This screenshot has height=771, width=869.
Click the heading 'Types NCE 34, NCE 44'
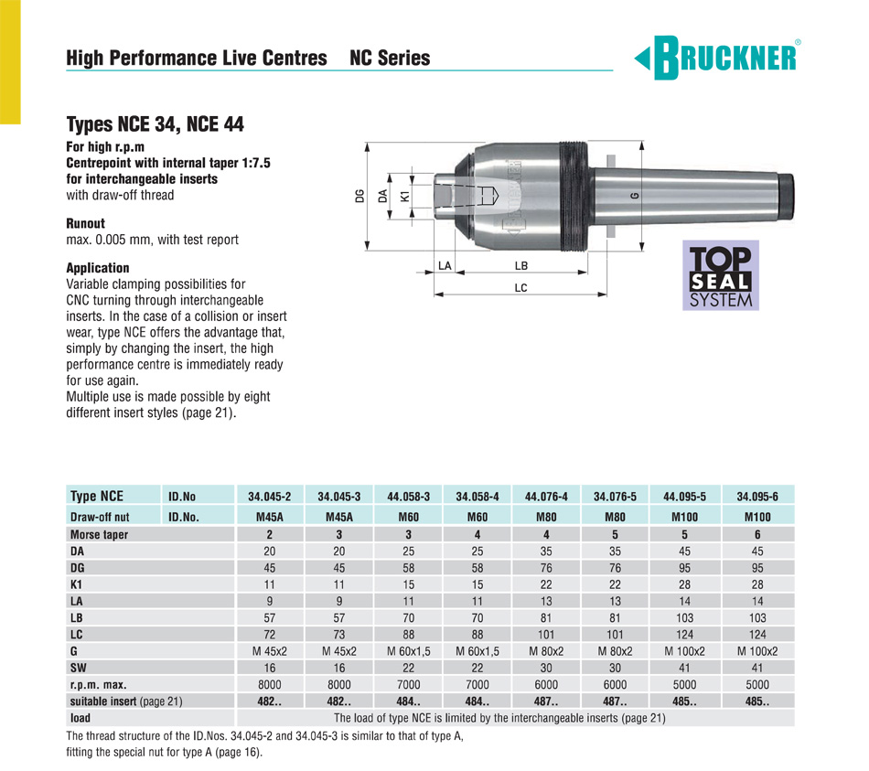click(x=155, y=124)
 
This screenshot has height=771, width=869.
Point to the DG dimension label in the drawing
click(x=360, y=195)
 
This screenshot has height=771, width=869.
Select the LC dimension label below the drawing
click(x=520, y=287)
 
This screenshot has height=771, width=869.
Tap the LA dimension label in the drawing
click(x=445, y=265)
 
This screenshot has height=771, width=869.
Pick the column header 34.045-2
click(x=270, y=497)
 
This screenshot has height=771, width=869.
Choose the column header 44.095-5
click(x=685, y=497)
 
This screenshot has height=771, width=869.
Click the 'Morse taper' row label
click(x=99, y=534)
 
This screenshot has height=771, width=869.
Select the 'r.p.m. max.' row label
click(x=98, y=684)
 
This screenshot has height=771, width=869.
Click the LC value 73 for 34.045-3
click(x=339, y=634)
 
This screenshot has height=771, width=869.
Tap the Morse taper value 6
click(x=756, y=534)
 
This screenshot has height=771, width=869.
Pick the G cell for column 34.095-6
click(x=756, y=651)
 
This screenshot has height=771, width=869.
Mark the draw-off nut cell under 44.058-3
click(x=409, y=517)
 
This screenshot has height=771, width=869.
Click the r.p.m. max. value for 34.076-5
click(x=617, y=684)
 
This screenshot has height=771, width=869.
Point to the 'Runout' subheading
click(x=86, y=223)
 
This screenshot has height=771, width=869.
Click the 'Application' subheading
click(x=98, y=268)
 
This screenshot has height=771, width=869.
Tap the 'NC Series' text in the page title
click(x=390, y=59)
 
